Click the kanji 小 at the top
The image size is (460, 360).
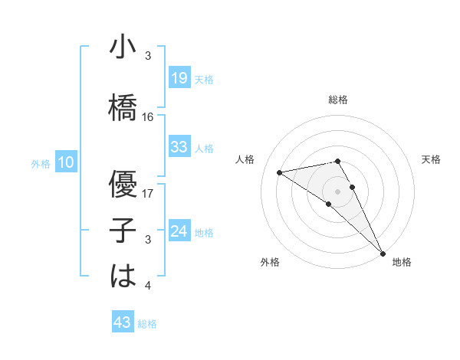pyautogui.click(x=123, y=47)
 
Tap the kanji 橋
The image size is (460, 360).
pyautogui.click(x=123, y=107)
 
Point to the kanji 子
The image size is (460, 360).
pyautogui.click(x=123, y=230)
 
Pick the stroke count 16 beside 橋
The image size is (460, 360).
pyautogui.click(x=148, y=117)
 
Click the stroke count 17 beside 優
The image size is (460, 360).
pyautogui.click(x=148, y=193)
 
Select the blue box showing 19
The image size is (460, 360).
pyautogui.click(x=179, y=78)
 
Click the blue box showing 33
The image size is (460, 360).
pyautogui.click(x=179, y=147)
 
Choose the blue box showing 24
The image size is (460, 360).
pyautogui.click(x=179, y=231)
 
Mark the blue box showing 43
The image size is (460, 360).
pyautogui.click(x=123, y=322)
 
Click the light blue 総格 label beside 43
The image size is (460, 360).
pyautogui.click(x=148, y=324)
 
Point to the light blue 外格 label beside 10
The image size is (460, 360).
pyautogui.click(x=41, y=163)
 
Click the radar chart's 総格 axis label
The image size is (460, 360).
pyautogui.click(x=338, y=100)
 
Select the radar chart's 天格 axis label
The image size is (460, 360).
pyautogui.click(x=431, y=159)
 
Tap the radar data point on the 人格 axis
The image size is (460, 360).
pyautogui.click(x=279, y=172)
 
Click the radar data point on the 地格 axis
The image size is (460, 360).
pyautogui.click(x=382, y=252)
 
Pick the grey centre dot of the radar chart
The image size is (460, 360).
pyautogui.click(x=338, y=190)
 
